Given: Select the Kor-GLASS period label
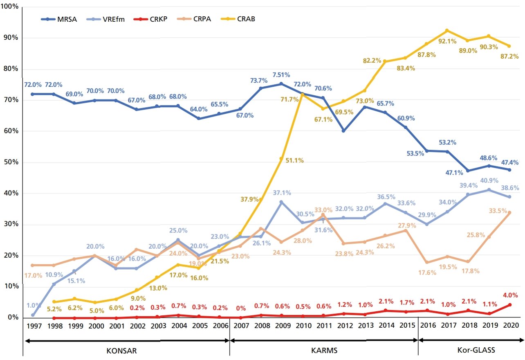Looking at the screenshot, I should coord(471,351).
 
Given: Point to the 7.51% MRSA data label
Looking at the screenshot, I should coord(281,75).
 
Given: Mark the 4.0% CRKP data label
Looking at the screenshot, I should coord(510,295).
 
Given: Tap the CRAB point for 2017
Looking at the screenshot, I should coord(447,30).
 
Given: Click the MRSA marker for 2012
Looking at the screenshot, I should coord(343,131).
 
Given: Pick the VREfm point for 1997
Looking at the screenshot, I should coord(32,315).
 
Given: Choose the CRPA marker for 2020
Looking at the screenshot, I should coord(509,213).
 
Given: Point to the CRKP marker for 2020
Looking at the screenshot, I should coord(509,305).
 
